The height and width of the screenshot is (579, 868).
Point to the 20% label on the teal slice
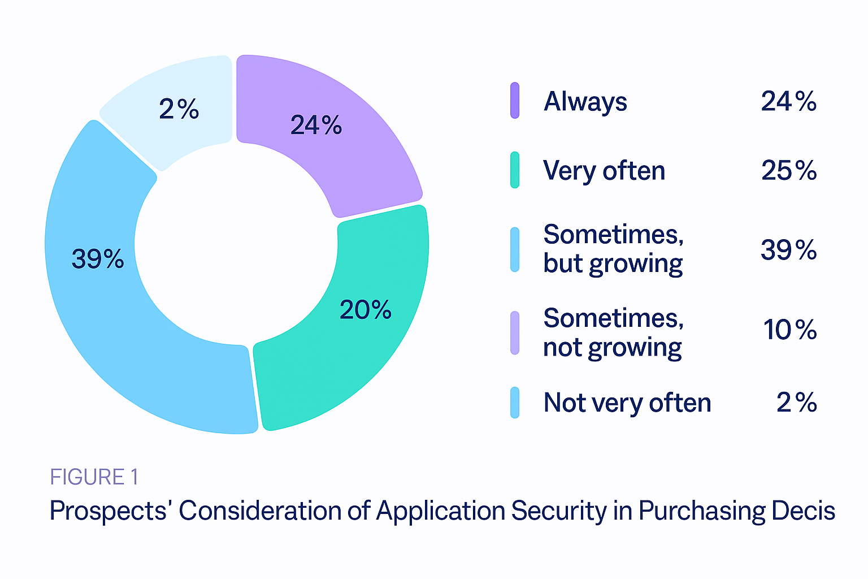(366, 310)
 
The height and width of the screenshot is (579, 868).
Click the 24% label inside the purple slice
(316, 125)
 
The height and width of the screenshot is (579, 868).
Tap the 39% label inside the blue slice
(98, 259)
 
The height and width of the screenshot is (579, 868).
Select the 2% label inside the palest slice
(179, 109)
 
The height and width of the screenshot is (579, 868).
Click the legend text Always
(585, 102)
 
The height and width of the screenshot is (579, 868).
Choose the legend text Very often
(604, 171)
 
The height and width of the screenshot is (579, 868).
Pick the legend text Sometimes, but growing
(613, 249)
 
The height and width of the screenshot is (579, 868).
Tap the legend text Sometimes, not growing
(613, 332)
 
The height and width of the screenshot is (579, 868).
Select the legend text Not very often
(627, 403)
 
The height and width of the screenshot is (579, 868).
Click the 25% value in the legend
(789, 171)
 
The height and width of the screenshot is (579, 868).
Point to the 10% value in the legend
(789, 330)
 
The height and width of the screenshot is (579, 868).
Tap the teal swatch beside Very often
(515, 170)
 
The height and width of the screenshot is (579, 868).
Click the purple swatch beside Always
(515, 101)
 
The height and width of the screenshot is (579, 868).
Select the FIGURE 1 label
(94, 477)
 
